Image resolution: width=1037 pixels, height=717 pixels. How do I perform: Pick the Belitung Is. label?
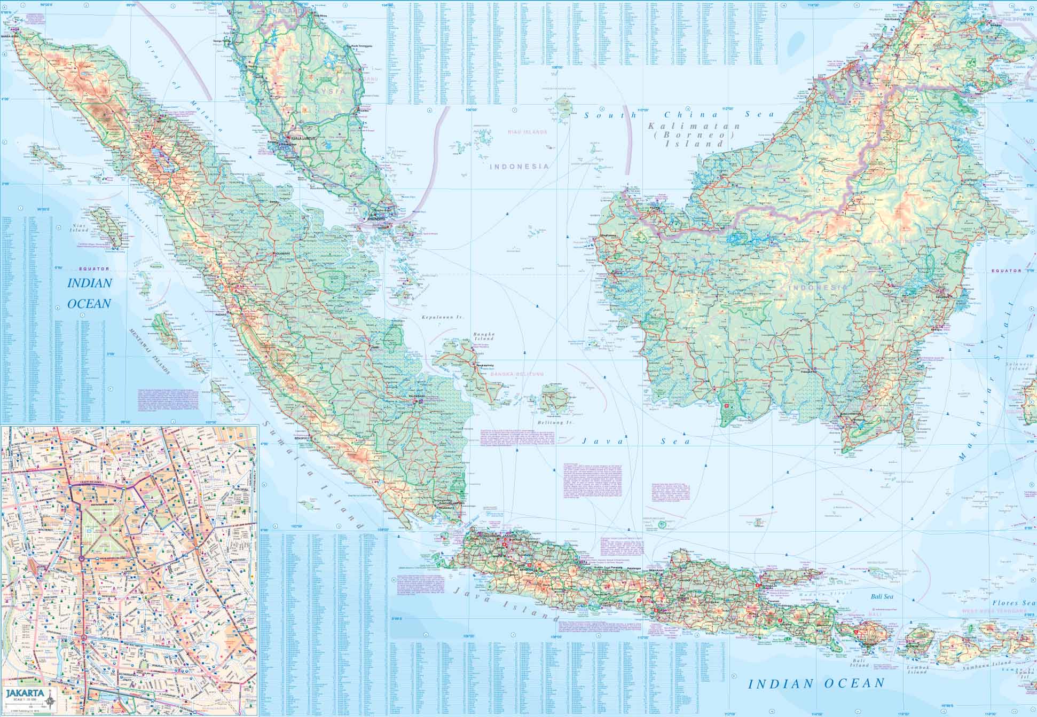click(558, 422)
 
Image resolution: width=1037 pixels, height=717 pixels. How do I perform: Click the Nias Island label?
click(80, 229)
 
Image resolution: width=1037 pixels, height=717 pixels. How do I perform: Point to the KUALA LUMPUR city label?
click(303, 138)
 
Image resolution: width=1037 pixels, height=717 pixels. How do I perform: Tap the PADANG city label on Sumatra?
click(221, 314)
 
